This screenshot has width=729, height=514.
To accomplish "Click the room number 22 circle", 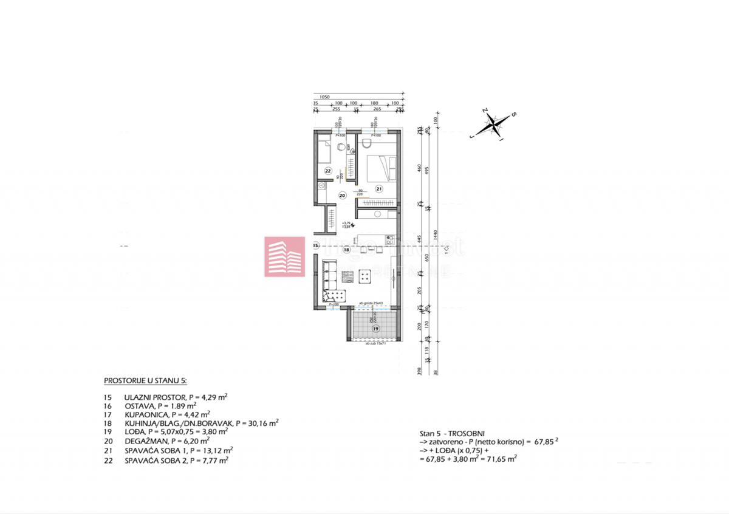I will click(x=327, y=171).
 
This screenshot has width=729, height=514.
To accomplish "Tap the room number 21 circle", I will click(x=378, y=189).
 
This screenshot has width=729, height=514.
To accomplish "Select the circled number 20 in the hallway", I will click(x=342, y=196).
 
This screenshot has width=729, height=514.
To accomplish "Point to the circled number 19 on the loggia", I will click(x=376, y=329).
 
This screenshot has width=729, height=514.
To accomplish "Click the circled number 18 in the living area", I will click(x=346, y=249).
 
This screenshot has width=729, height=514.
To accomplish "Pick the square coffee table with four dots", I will click(x=367, y=276).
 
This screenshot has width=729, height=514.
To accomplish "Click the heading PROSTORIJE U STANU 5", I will click(x=146, y=381).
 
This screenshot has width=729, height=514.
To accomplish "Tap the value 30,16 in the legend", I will click(x=261, y=423).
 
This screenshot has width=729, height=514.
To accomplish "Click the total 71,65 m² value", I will click(x=501, y=460).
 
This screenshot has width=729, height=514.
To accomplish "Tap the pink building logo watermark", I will click(x=284, y=257).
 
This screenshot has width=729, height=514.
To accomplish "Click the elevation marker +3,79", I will click(x=346, y=222).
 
